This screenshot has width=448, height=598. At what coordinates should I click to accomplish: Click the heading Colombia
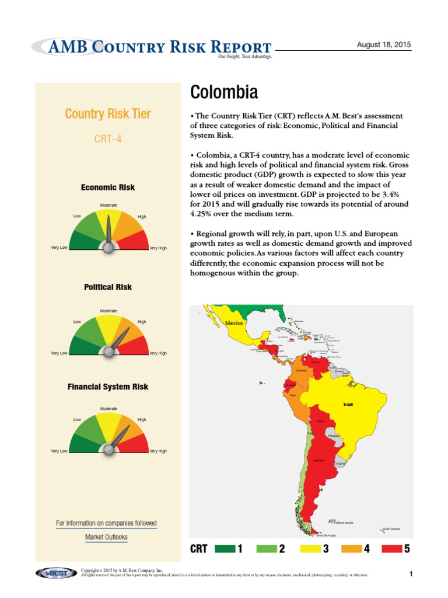tap(224, 92)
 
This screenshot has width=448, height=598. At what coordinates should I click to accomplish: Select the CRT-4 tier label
tap(108, 139)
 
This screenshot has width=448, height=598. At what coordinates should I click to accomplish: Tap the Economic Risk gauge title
tap(108, 187)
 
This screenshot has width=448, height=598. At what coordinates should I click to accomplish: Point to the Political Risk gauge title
tap(108, 287)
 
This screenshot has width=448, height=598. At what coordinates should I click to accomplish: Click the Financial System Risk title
tap(108, 387)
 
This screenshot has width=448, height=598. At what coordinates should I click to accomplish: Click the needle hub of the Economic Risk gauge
tap(108, 247)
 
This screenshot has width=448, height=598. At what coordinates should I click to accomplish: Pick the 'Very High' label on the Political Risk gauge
tap(158, 353)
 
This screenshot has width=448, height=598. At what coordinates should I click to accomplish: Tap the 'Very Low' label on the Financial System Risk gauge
tap(59, 451)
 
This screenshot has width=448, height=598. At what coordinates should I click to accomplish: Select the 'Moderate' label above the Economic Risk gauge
tap(108, 205)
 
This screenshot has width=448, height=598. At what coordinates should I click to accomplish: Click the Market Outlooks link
tap(106, 537)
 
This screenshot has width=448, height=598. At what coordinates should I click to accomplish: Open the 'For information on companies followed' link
tap(106, 523)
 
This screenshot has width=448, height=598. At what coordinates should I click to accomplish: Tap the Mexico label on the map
tap(234, 323)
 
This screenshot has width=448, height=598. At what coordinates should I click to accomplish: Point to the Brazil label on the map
tap(348, 404)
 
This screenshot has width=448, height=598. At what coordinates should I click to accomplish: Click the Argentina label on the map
tap(318, 461)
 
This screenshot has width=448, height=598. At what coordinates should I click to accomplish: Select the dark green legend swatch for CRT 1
tap(224, 549)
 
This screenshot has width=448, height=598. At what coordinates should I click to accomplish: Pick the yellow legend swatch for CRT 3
tap(308, 549)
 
